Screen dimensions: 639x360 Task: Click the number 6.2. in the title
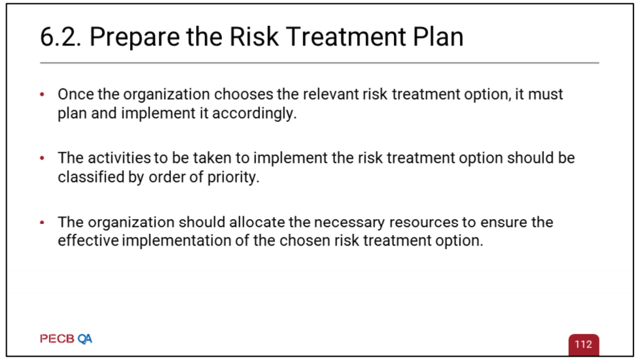tap(61, 37)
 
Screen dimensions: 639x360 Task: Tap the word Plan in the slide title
tap(438, 37)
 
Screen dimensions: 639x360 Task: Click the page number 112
tap(583, 344)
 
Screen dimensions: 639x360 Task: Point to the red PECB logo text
tap(57, 339)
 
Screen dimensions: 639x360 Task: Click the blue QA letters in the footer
tap(85, 339)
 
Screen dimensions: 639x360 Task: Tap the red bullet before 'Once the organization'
tap(42, 95)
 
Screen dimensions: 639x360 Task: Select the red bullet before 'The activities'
tap(42, 158)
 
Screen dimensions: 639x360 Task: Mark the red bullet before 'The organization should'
tap(42, 223)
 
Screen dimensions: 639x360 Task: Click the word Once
tap(76, 94)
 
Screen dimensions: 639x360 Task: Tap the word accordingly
tap(255, 114)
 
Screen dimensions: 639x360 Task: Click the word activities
tap(118, 158)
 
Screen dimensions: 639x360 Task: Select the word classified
tap(91, 177)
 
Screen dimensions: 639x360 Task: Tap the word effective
tap(88, 240)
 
